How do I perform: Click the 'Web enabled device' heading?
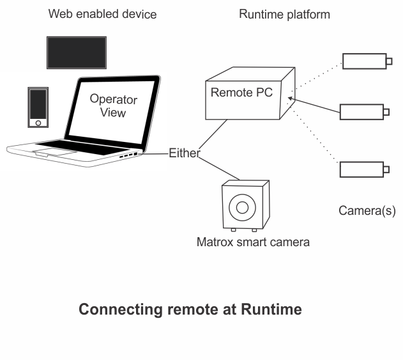coord(103,14)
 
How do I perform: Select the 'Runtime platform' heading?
coord(284,15)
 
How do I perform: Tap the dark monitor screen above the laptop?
coord(77,52)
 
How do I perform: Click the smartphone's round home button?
coord(38,123)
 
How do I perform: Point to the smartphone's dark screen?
coord(38,104)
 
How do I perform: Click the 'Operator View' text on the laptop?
coord(113,106)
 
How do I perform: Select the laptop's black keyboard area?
coord(82,147)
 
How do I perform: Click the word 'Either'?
coord(185,153)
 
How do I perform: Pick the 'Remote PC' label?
coord(241,92)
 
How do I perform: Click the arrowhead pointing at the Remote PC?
coord(290,98)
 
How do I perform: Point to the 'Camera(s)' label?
coord(367,211)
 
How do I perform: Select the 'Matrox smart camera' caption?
coord(253,242)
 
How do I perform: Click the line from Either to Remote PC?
coord(213,134)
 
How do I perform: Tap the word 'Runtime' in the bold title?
coord(271,309)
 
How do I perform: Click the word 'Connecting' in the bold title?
coord(121,309)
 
